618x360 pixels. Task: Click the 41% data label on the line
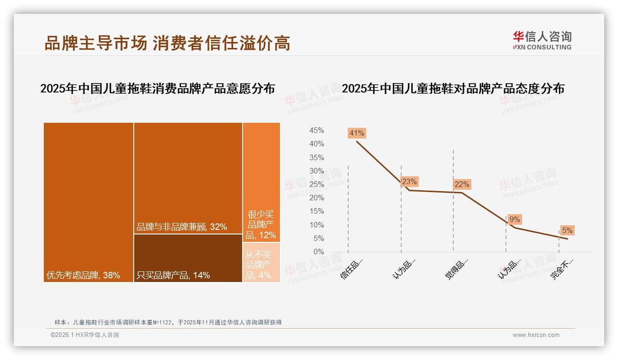point(357,133)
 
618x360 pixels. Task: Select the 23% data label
point(409,181)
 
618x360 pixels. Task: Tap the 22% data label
point(462,184)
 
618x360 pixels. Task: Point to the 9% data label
point(515,220)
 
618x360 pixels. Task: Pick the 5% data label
point(567,230)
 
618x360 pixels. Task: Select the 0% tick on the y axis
point(319,252)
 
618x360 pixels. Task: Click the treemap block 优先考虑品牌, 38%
point(89,202)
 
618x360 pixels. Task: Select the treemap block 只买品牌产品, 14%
point(188,258)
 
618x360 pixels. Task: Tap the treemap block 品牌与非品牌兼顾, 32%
point(188,178)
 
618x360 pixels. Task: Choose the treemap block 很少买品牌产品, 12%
point(261,182)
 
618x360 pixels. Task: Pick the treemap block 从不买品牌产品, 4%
point(261,262)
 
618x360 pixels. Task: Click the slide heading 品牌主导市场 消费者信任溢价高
point(167,43)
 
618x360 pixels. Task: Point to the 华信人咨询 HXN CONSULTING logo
point(542,41)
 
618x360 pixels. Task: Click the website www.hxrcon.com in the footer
point(536,335)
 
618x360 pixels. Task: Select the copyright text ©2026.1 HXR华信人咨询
point(85,335)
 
